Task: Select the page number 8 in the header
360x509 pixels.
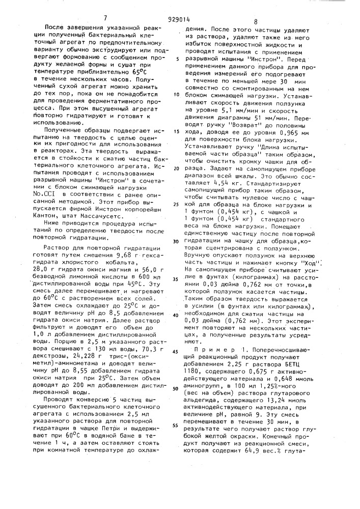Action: point(256,22)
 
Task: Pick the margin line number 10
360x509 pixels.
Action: point(176,94)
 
